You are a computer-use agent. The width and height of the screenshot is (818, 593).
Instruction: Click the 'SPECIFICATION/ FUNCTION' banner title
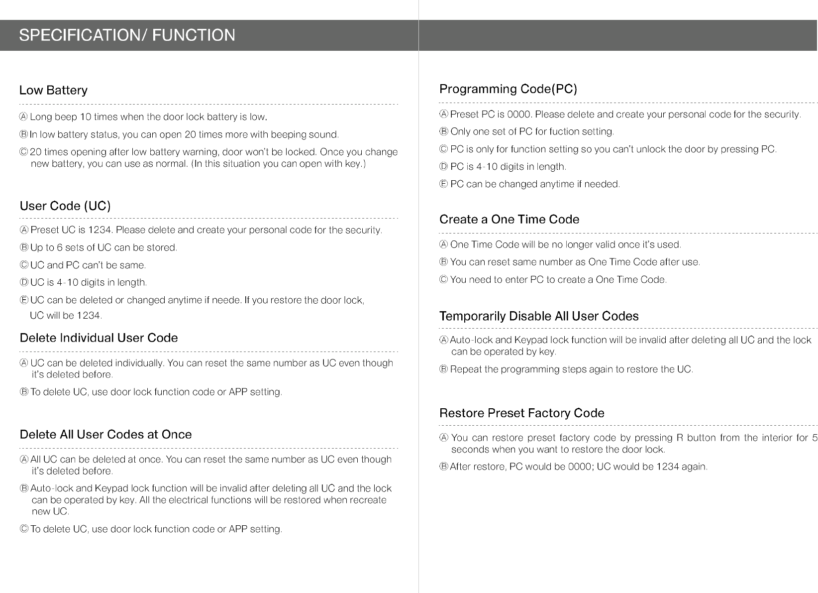coord(127,35)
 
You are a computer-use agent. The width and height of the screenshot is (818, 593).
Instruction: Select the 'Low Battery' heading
coord(53,90)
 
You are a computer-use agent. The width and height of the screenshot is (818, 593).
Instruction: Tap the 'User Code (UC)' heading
coord(65,206)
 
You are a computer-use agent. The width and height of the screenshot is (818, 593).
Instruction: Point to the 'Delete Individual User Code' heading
coord(99,338)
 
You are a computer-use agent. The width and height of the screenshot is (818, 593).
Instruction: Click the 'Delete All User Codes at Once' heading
coord(105,434)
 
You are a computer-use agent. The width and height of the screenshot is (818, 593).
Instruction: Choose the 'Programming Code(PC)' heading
coord(508,89)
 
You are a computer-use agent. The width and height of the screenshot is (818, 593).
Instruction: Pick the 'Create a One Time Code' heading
coord(509,220)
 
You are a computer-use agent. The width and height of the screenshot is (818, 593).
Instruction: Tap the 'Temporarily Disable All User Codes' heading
coord(539,316)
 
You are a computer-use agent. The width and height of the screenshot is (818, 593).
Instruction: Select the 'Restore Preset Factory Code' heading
coord(521,413)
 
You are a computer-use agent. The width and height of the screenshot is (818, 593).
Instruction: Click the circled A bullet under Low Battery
coord(23,117)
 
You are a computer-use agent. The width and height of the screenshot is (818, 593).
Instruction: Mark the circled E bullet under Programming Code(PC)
coord(444,184)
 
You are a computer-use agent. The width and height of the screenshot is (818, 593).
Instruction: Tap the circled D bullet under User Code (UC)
coord(24,283)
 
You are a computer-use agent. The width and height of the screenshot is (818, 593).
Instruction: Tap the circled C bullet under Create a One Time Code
coord(444,280)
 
